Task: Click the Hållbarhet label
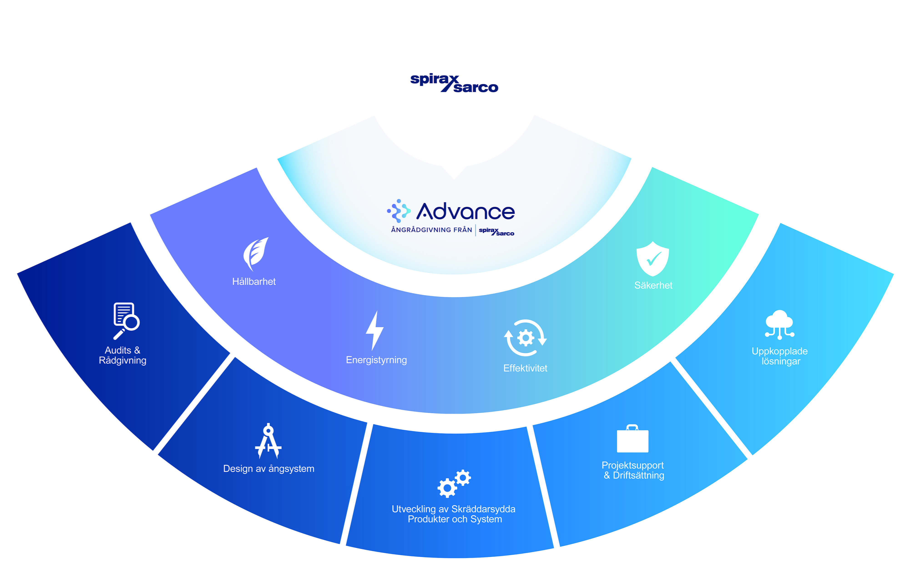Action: (254, 281)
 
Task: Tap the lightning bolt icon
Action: (374, 330)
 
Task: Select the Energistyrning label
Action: (376, 360)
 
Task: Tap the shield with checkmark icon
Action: (653, 259)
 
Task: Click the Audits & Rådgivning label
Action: (122, 355)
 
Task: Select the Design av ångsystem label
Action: (269, 469)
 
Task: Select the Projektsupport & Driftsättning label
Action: (633, 470)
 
